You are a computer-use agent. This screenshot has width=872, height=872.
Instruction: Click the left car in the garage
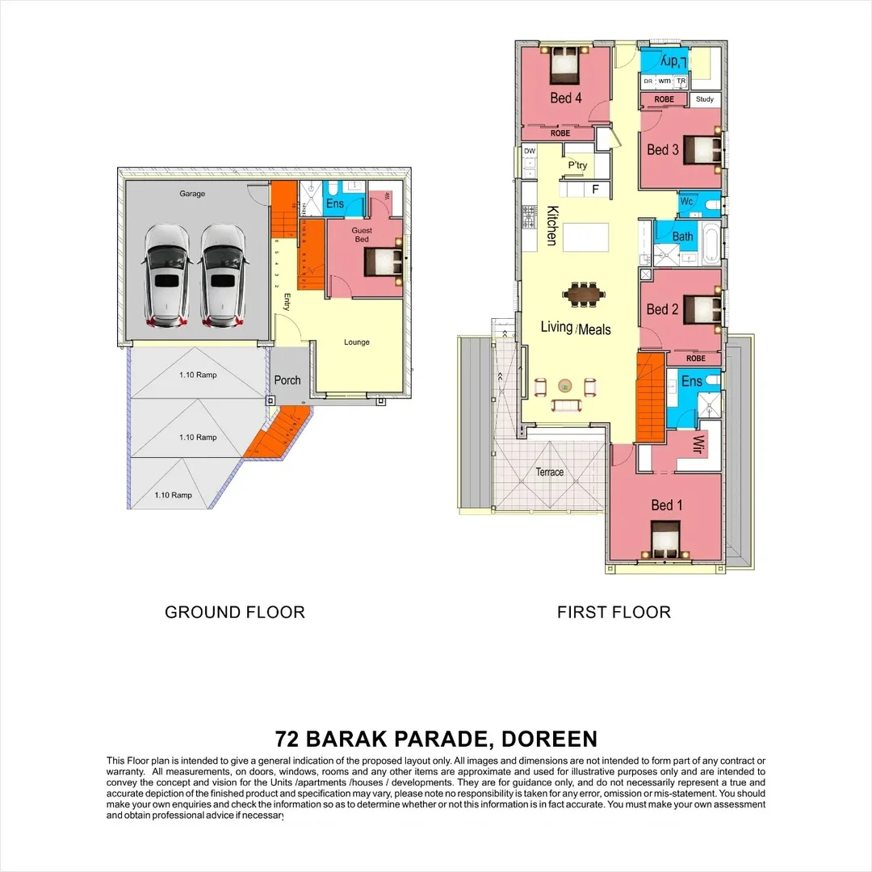click(x=167, y=275)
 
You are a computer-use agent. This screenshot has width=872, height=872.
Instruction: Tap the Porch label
click(x=287, y=380)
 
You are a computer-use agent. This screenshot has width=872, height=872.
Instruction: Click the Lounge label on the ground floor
click(x=356, y=342)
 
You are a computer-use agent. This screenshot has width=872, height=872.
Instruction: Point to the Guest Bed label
click(x=362, y=235)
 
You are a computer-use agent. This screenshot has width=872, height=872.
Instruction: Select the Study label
click(x=704, y=100)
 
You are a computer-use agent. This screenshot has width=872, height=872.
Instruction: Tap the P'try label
click(x=577, y=166)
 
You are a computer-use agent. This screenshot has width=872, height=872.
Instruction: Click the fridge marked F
click(x=596, y=190)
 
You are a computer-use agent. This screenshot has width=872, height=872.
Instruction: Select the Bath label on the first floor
click(x=682, y=237)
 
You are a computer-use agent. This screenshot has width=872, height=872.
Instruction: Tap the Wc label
click(x=687, y=201)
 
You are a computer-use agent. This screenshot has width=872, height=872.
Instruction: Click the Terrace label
click(x=550, y=472)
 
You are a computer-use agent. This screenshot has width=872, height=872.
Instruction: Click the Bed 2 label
click(x=663, y=309)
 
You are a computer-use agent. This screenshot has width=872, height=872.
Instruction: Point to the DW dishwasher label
click(x=530, y=151)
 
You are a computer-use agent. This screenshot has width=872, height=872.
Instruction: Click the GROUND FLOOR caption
click(x=235, y=612)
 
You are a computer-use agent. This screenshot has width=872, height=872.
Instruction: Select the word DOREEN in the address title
click(x=548, y=739)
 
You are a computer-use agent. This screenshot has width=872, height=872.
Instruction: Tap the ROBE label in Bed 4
click(x=560, y=132)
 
